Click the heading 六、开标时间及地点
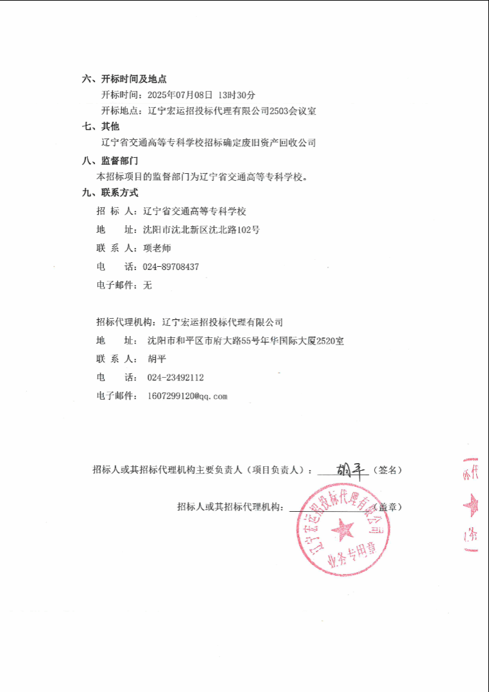(x=124, y=79)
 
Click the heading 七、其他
(x=101, y=126)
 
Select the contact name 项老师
(x=157, y=248)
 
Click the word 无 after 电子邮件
(x=148, y=285)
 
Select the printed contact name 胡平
(x=156, y=359)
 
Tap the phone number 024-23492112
(x=175, y=378)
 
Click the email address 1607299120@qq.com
(x=187, y=396)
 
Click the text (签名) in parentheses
(x=389, y=470)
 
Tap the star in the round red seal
(x=342, y=530)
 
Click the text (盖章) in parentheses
(x=389, y=507)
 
